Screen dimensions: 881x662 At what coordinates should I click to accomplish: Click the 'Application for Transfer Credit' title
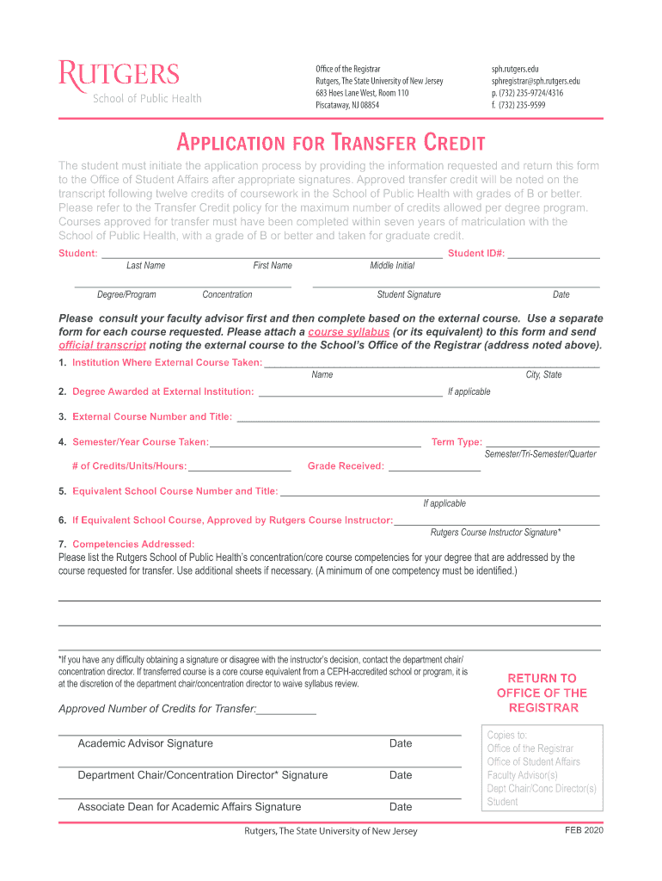[331, 142]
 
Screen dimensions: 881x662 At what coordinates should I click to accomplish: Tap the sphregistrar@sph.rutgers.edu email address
[536, 81]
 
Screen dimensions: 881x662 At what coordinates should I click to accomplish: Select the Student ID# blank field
[554, 254]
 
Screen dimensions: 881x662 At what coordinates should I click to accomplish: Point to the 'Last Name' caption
[145, 266]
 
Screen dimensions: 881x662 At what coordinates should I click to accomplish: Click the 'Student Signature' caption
[408, 295]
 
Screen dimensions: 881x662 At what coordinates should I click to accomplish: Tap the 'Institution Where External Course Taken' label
[168, 363]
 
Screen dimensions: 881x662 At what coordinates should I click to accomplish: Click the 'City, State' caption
[543, 375]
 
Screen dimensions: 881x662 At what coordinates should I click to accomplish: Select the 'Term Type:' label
[457, 442]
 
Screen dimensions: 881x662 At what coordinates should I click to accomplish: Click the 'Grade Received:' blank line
[434, 467]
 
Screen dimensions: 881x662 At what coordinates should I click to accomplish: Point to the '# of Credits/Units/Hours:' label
[129, 466]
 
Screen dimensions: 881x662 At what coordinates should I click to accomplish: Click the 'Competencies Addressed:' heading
[133, 544]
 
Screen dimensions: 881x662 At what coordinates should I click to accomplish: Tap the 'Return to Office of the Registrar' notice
[542, 693]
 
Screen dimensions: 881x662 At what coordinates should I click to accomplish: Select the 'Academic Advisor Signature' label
[145, 743]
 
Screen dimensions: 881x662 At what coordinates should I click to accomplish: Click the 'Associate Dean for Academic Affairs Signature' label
[189, 807]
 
